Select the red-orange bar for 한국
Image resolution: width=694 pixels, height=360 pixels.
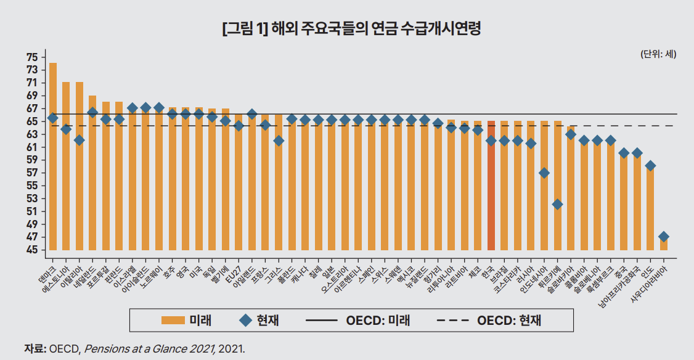coord(491,185)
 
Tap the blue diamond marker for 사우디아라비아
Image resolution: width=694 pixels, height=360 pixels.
coord(664,237)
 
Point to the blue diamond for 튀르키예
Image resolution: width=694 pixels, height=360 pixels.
coord(557,204)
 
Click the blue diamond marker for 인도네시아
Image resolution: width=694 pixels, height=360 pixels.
coord(544,173)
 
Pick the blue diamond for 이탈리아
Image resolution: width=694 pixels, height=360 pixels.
coord(80,141)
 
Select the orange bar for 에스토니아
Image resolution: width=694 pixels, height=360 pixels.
coord(66,166)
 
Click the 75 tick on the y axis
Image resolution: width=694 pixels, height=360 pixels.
coord(32,57)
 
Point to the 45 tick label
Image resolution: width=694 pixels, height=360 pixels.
coord(32,250)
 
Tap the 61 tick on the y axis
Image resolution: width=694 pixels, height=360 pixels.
coord(32,147)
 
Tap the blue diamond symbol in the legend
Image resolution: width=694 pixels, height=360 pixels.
coord(245,320)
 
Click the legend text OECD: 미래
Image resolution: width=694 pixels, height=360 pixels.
coord(378,321)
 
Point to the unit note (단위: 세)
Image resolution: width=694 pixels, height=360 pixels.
coord(659,54)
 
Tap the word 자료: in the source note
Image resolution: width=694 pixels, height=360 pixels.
coord(35,348)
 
